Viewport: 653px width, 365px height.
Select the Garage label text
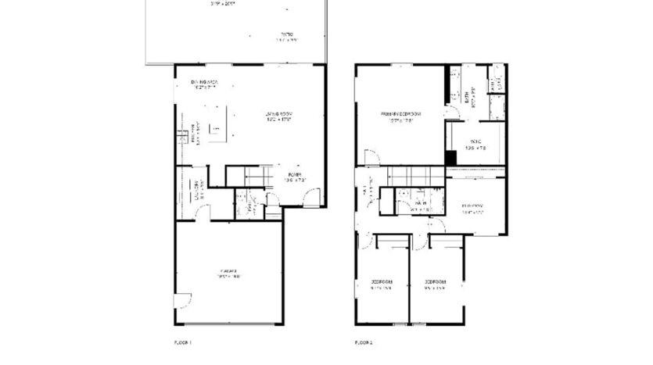pos(228,271)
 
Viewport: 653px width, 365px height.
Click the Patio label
pos(287,34)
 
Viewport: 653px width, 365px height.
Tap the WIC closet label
pos(475,143)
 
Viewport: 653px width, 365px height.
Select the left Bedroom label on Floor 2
pos(381,282)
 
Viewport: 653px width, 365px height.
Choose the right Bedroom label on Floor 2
pos(435,282)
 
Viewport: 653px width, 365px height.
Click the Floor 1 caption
pos(181,342)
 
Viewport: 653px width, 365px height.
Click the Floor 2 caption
pos(364,342)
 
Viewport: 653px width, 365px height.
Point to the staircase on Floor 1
pos(249,177)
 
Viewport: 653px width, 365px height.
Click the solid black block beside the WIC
pos(451,157)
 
